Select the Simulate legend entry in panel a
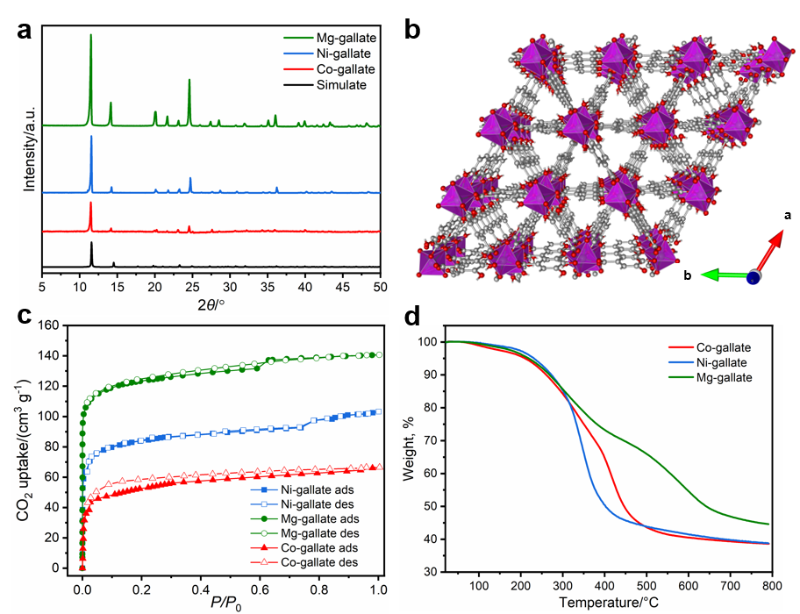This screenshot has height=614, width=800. click(343, 85)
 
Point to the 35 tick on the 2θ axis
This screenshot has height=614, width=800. click(268, 287)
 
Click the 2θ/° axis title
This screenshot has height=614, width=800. click(211, 304)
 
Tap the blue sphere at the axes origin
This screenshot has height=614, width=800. click(753, 278)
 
